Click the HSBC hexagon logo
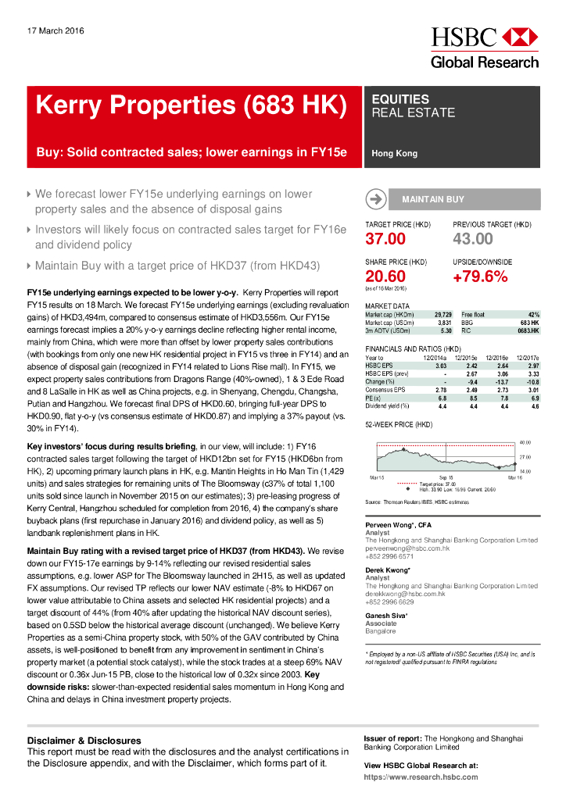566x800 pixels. pyautogui.click(x=519, y=37)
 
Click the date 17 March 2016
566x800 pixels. pyautogui.click(x=56, y=31)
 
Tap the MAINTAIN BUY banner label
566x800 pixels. pyautogui.click(x=432, y=199)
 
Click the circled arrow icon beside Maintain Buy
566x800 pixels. pyautogui.click(x=376, y=199)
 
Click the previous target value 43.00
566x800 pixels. pyautogui.click(x=473, y=239)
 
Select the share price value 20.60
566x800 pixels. pyautogui.click(x=385, y=276)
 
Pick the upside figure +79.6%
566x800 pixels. pyautogui.click(x=480, y=276)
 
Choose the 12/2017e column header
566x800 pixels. pyautogui.click(x=525, y=358)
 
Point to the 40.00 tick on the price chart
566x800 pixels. pyautogui.click(x=525, y=442)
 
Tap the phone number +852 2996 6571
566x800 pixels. pyautogui.click(x=391, y=556)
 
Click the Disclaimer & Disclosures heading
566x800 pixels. pyautogui.click(x=84, y=741)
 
